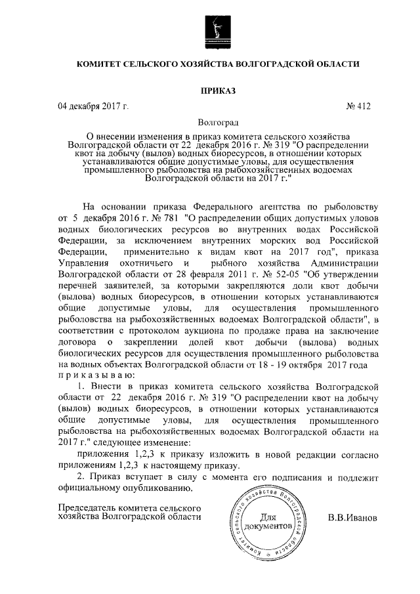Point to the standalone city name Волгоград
(x=219, y=122)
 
